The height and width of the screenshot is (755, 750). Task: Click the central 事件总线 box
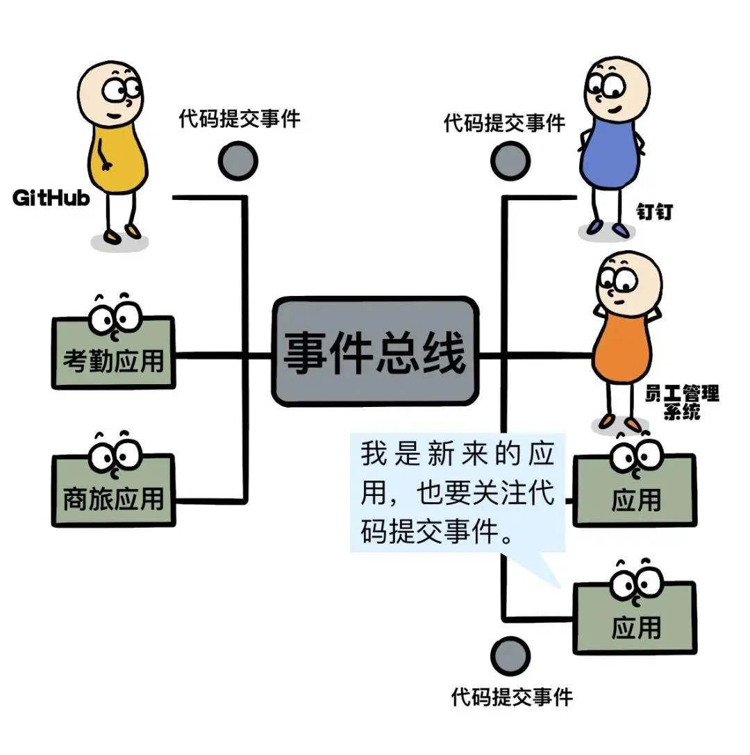pos(375,352)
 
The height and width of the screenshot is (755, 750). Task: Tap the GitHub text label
pos(52,198)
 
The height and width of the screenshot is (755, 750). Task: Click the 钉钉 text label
pos(655,213)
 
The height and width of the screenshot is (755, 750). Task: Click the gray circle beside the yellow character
pos(238,161)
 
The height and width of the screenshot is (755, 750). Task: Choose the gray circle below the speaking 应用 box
pos(510,656)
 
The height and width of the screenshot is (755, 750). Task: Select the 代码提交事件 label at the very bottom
pos(512,696)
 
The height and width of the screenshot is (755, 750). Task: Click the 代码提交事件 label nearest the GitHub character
pos(240,119)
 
